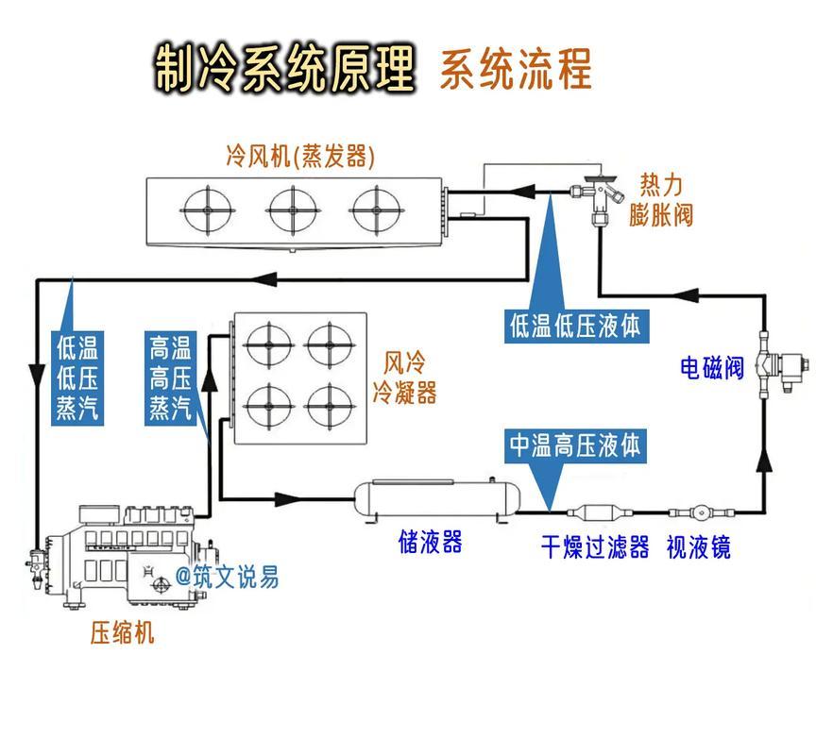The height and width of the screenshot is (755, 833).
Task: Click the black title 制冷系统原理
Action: [285, 68]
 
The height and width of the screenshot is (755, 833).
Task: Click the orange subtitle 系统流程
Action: [516, 69]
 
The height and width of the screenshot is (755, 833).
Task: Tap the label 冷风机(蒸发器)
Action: [300, 156]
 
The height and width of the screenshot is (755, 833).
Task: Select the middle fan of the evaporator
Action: [291, 210]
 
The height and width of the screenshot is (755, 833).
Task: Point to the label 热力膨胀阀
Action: [661, 199]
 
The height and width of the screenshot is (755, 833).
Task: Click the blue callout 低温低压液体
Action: [575, 327]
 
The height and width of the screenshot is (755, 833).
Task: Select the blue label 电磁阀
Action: [712, 367]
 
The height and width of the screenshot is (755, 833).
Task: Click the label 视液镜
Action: [699, 547]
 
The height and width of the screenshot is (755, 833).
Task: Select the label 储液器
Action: [430, 543]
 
